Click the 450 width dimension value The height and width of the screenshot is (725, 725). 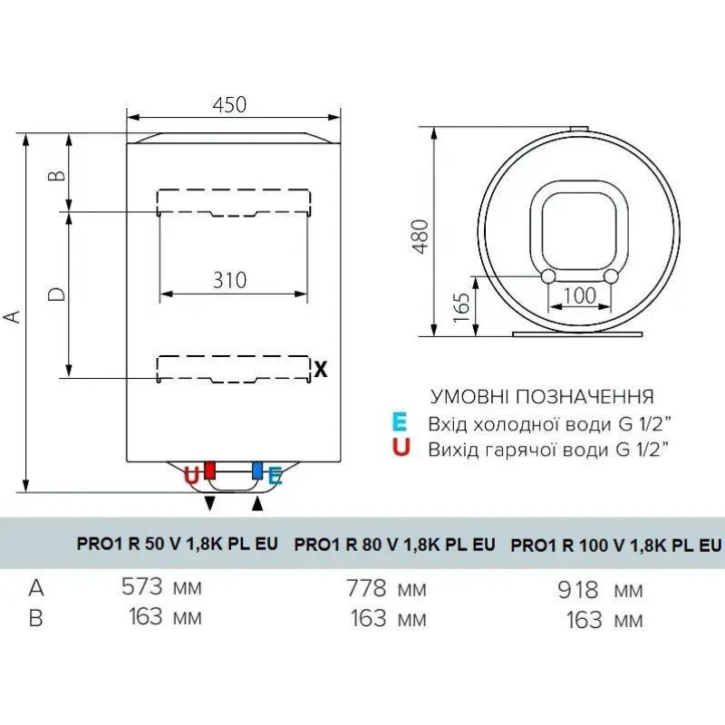[x=229, y=105]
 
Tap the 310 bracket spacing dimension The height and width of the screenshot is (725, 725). [x=230, y=280]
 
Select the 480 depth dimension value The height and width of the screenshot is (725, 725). [x=420, y=237]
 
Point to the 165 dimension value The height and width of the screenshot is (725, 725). [x=461, y=307]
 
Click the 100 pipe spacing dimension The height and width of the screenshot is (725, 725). [x=580, y=296]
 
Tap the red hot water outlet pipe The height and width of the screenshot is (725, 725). [x=210, y=469]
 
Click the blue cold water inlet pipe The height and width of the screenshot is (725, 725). [x=257, y=469]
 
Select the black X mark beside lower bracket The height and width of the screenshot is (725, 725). [x=321, y=370]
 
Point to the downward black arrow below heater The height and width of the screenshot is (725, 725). [x=210, y=504]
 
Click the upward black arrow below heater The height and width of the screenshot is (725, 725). [x=257, y=504]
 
